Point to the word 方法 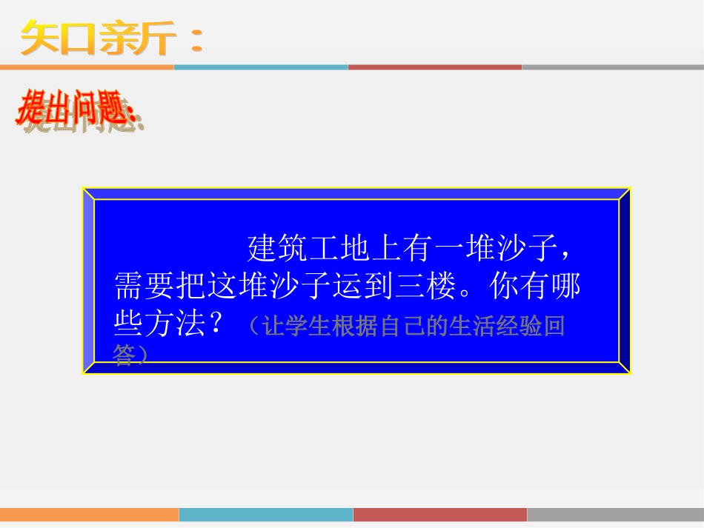coord(175,324)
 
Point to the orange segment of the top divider coord(87,67)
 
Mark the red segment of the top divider coord(434,67)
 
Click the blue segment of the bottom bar coord(265,515)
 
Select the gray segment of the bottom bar coord(615,515)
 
